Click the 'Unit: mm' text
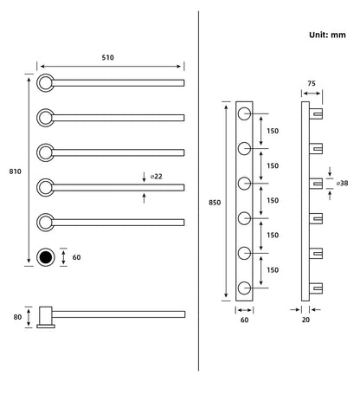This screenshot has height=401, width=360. coord(327,35)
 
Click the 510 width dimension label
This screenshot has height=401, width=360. coord(107,57)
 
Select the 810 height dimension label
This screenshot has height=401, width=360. coord(15,171)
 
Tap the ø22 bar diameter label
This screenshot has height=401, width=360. coord(156,177)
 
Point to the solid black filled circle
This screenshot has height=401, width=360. coord(46,257)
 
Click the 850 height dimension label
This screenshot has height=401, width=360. coord(215,203)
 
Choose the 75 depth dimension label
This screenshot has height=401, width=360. coord(312,83)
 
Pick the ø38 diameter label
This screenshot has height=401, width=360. coord(342,183)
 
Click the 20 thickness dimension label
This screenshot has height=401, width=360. coord(305,320)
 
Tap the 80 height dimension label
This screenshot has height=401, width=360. coord(17,317)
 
